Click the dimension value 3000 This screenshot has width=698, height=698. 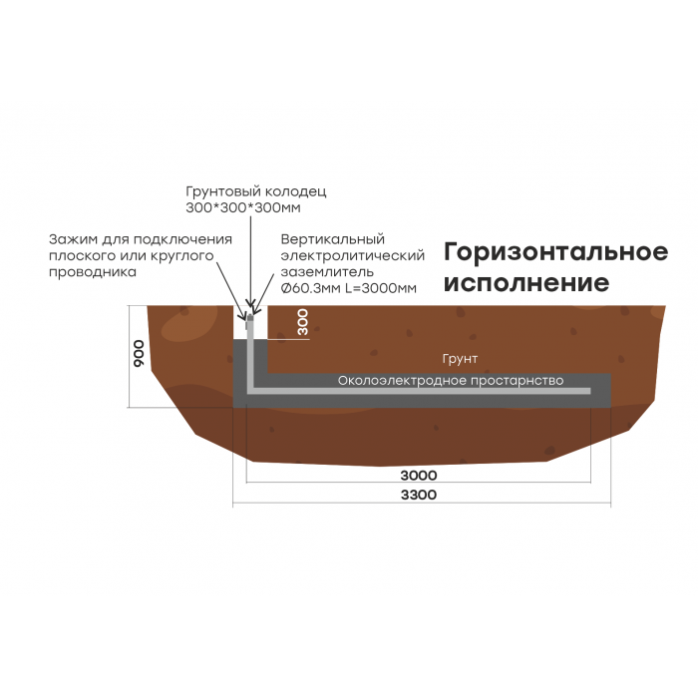pyautogui.click(x=419, y=476)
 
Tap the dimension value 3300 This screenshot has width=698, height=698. pyautogui.click(x=419, y=495)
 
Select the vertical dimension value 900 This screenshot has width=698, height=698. pyautogui.click(x=140, y=353)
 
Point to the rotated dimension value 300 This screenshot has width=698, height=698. pyautogui.click(x=303, y=322)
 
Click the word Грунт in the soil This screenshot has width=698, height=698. pyautogui.click(x=460, y=359)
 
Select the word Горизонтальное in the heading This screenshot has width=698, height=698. pyautogui.click(x=556, y=252)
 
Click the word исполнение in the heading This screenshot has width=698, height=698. pyautogui.click(x=526, y=283)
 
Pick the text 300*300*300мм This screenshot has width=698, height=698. pyautogui.click(x=243, y=207)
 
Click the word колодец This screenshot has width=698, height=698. pyautogui.click(x=295, y=191)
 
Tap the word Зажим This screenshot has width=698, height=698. pyautogui.click(x=74, y=239)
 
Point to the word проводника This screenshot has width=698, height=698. pyautogui.click(x=93, y=272)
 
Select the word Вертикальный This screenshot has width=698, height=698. pyautogui.click(x=332, y=239)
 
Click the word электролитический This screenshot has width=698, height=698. pyautogui.click(x=353, y=256)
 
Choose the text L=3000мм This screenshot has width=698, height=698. pyautogui.click(x=381, y=288)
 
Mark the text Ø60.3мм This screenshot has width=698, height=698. pyautogui.click(x=311, y=288)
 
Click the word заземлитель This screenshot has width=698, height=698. pyautogui.click(x=327, y=272)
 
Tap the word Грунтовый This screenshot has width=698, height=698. pyautogui.click(x=223, y=191)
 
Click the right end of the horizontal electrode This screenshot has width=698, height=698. pyautogui.click(x=590, y=391)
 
